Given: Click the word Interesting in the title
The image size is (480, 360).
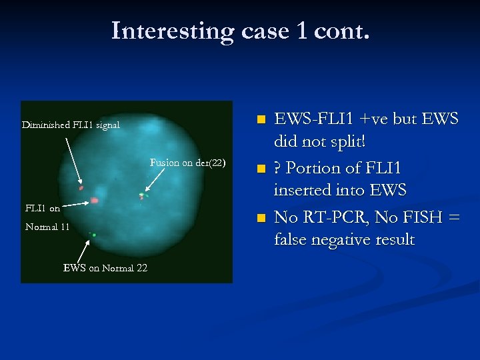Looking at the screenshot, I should point(172,31).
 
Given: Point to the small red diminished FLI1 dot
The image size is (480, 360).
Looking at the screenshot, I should point(81,189).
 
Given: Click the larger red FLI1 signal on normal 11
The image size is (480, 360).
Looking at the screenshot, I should point(95,200).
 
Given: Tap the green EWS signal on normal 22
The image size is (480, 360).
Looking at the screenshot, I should point(94,235).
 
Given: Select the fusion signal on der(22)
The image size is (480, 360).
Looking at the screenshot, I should point(141,195).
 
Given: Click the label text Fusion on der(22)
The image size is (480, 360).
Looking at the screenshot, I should point(187,163).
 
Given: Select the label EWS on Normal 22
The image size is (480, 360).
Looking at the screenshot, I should point(105,268).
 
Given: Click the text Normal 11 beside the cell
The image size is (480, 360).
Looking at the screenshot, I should point(47,227).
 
